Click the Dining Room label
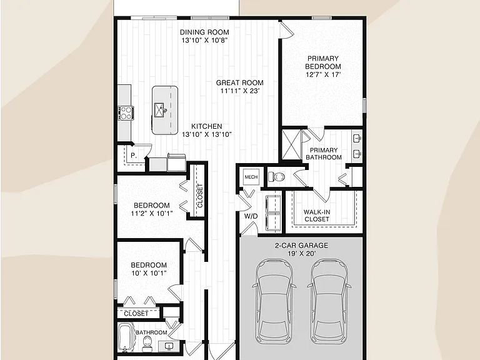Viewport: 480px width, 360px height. tap(204, 32)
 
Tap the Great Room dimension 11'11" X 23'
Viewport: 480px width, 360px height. tap(240, 91)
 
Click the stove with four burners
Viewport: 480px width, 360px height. tap(126, 112)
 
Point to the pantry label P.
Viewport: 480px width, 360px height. tap(134, 156)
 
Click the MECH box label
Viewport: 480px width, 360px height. tap(251, 177)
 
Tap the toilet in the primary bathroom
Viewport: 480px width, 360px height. tap(276, 177)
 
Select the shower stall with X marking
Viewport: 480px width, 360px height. tap(292, 144)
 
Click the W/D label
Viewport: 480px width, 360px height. tap(251, 216)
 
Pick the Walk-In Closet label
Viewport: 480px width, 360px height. tap(317, 216)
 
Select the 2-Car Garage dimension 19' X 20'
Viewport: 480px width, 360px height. tap(301, 254)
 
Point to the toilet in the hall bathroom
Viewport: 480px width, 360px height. tap(147, 344)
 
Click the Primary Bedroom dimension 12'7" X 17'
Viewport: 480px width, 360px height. tap(323, 74)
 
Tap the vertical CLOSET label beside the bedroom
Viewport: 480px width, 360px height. tap(200, 196)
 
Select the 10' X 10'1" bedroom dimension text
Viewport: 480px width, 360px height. tap(149, 273)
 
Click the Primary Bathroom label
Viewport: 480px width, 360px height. tap(324, 154)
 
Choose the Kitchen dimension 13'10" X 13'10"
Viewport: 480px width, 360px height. tap(207, 134)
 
